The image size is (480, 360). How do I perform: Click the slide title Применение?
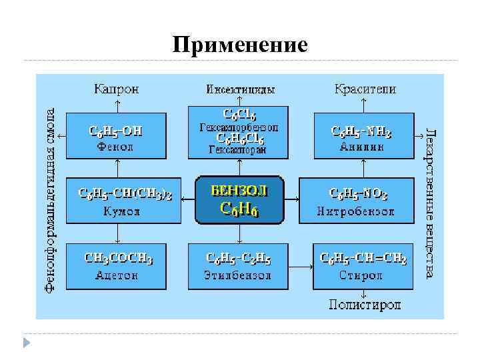(x=240, y=45)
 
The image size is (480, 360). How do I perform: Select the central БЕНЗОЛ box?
(x=239, y=199)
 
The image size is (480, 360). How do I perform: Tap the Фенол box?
(x=117, y=136)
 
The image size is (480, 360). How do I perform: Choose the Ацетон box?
(x=117, y=265)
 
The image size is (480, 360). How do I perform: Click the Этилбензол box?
(x=238, y=265)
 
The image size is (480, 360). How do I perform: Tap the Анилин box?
(x=361, y=136)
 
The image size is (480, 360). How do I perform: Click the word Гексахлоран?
(x=238, y=151)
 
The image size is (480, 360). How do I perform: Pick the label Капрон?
(x=117, y=89)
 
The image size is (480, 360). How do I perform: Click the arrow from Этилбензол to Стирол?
(x=301, y=265)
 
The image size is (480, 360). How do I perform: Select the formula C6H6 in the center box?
(x=239, y=209)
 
